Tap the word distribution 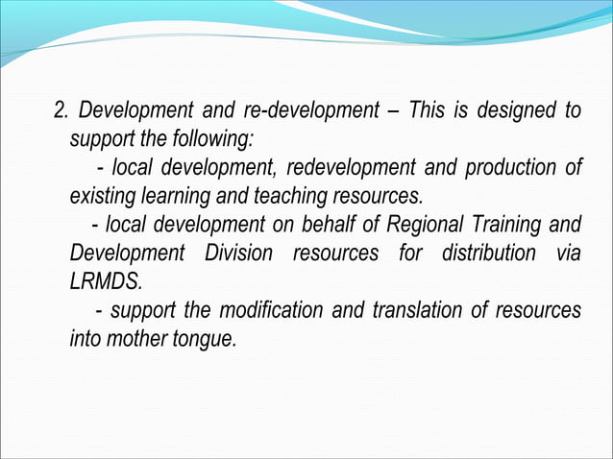pyautogui.click(x=488, y=254)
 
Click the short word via pyautogui.click(x=568, y=254)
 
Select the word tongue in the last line pyautogui.click(x=204, y=340)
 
